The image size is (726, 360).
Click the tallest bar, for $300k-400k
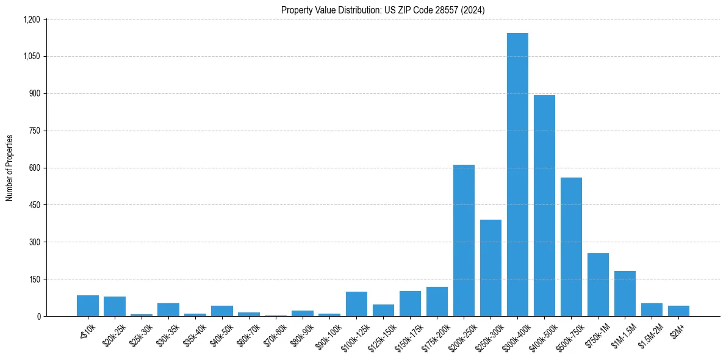click(x=517, y=175)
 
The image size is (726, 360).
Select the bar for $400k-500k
click(x=544, y=206)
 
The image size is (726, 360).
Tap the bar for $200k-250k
click(x=464, y=240)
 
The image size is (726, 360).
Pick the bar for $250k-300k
click(x=491, y=268)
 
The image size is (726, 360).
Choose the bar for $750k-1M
click(x=598, y=285)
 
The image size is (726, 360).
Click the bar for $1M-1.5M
click(x=625, y=293)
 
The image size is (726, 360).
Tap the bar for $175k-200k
click(x=437, y=301)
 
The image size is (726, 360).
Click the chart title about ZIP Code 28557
click(x=383, y=10)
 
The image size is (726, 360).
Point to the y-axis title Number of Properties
click(x=10, y=168)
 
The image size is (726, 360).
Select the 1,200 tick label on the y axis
click(x=31, y=20)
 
